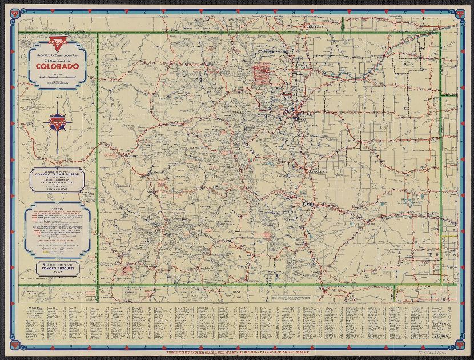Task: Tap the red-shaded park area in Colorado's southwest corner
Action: (x=123, y=269)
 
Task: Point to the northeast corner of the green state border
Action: (x=440, y=33)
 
